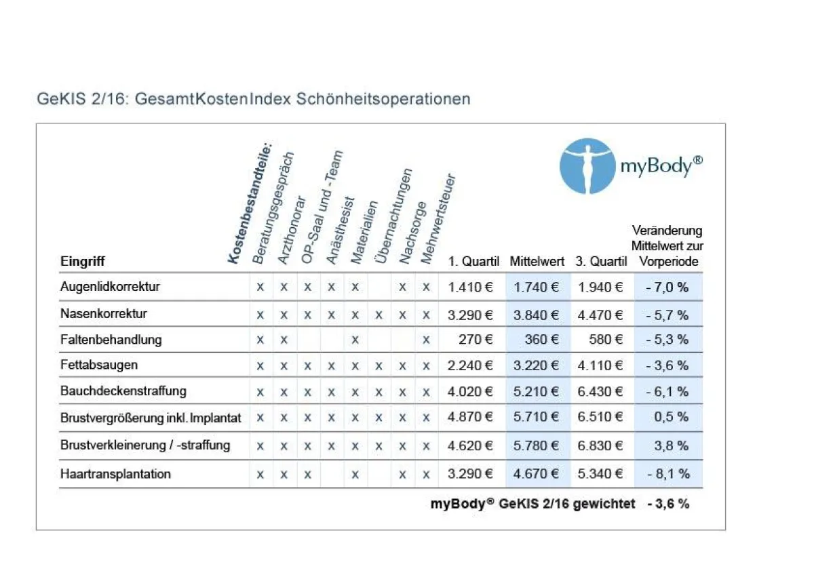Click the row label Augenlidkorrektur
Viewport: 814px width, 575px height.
tap(110, 287)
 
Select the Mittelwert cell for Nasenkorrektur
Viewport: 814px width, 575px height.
tap(537, 315)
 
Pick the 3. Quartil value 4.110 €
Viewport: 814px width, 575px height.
tap(600, 365)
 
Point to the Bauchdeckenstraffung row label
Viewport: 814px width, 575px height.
tap(123, 391)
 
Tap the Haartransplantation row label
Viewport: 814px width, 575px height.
tap(115, 474)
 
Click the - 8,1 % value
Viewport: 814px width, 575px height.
tap(667, 474)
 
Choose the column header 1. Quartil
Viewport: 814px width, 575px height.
tap(473, 262)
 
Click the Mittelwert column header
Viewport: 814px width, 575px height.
tap(537, 262)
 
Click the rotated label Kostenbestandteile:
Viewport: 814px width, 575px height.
tap(248, 202)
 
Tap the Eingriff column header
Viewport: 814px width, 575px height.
tap(83, 262)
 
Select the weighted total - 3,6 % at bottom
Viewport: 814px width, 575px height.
tap(667, 504)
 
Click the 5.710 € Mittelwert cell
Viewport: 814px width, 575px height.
tap(537, 418)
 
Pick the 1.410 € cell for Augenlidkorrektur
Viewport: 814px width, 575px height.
tap(470, 287)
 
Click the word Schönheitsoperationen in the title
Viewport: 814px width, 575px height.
tap(383, 99)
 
